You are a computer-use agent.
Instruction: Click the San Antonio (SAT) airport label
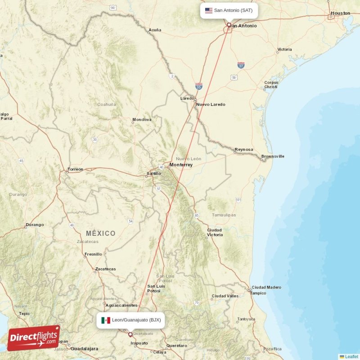coord(233,10)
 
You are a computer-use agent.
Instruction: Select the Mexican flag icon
coord(106,320)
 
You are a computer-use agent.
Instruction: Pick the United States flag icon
coord(208,10)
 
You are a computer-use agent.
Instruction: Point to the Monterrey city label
coord(181,165)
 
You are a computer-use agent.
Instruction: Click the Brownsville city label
coord(273,156)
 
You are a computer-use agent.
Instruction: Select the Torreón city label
coord(75,169)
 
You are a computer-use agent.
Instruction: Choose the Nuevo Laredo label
coord(211,104)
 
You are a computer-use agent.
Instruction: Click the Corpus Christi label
coord(271,85)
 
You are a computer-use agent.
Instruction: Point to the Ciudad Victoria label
coord(214,232)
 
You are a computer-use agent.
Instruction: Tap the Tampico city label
coord(258,293)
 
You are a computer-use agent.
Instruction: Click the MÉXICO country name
coord(101,233)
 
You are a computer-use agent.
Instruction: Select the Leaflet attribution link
coord(351,356)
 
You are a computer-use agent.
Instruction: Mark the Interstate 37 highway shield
coord(241,65)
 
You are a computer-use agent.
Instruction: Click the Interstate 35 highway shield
coord(199,85)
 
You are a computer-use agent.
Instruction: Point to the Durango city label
coord(35,225)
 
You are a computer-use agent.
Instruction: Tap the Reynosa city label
coord(243,149)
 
